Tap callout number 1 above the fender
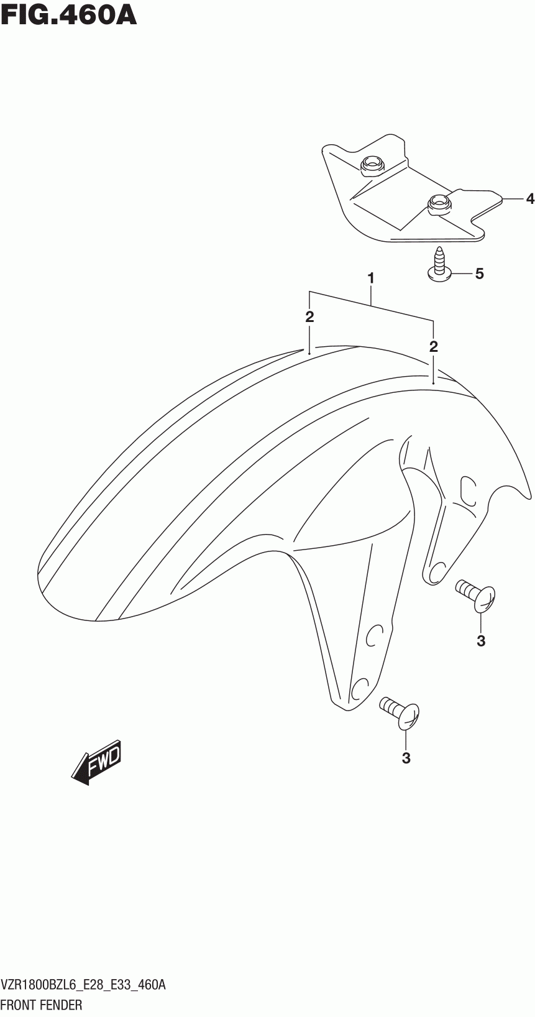[x=371, y=278]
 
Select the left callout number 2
[x=309, y=316]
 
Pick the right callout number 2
[x=433, y=346]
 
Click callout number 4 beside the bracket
[x=529, y=199]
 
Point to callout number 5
[x=479, y=273]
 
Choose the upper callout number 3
[x=481, y=641]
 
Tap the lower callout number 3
[x=406, y=758]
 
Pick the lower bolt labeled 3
[x=400, y=711]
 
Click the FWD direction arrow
[x=97, y=762]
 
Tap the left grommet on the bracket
[x=372, y=164]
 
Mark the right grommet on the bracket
[x=439, y=203]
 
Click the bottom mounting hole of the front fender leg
[x=360, y=688]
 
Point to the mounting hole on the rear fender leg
[x=436, y=570]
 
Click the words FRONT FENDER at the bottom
[x=42, y=1005]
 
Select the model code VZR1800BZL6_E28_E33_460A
[x=83, y=985]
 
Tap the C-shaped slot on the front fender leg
[x=373, y=637]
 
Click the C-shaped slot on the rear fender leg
[x=467, y=489]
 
